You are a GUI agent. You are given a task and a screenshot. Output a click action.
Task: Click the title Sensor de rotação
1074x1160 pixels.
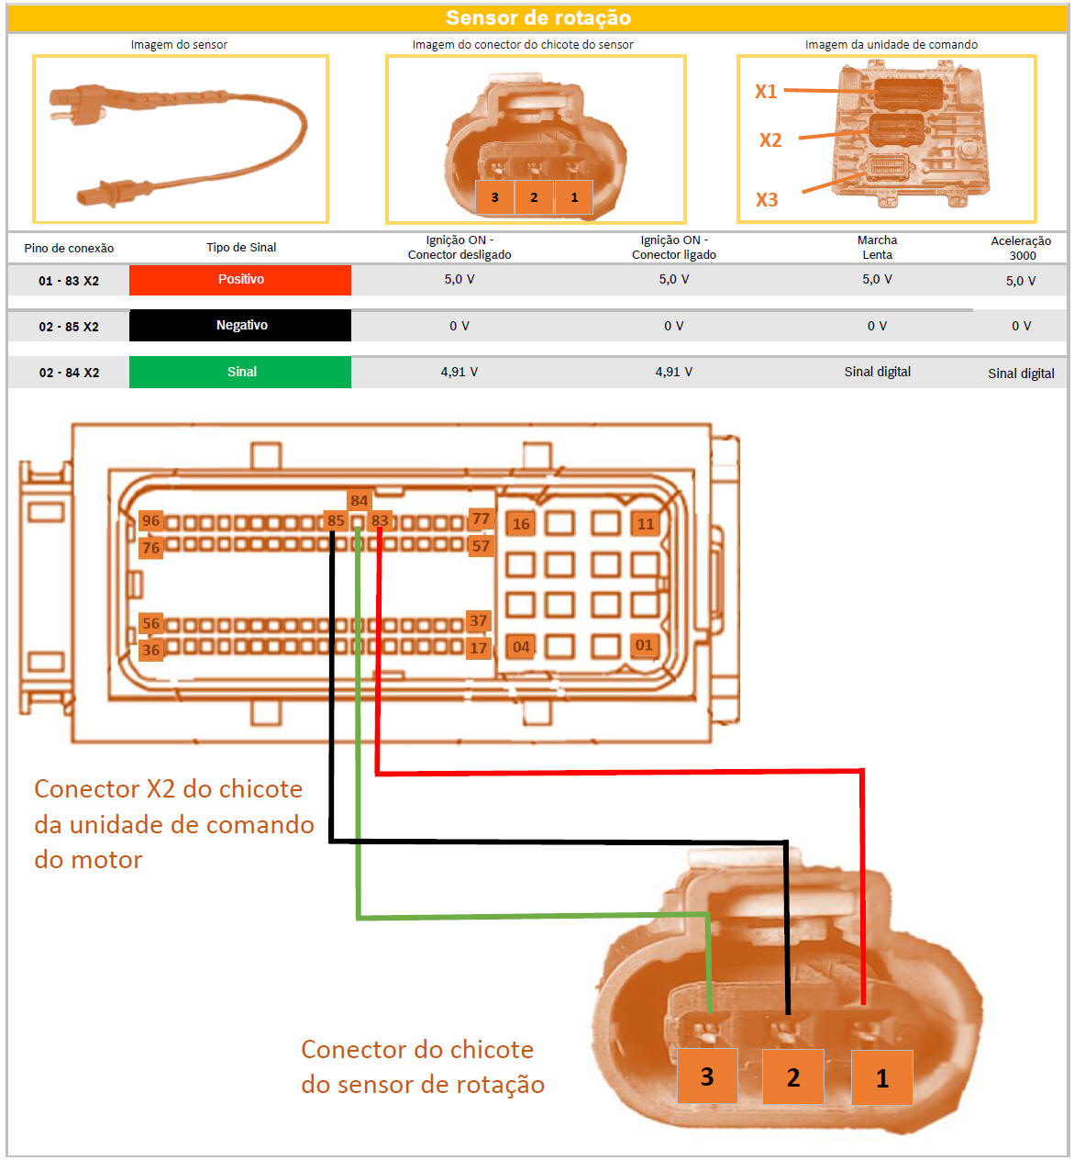coord(537,17)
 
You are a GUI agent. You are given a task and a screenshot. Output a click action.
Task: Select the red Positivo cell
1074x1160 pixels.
coord(240,280)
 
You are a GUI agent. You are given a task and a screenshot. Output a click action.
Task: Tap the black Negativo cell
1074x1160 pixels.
coord(240,326)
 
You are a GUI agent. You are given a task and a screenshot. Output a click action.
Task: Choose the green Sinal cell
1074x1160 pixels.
coord(240,372)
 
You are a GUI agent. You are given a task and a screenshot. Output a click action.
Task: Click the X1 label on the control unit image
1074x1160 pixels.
coord(766,91)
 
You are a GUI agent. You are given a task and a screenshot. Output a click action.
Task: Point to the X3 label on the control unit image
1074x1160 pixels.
coord(767,199)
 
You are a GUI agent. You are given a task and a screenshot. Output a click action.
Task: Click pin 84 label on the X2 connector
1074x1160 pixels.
coord(359,501)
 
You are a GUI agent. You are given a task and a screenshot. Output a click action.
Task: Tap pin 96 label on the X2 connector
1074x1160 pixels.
coord(150,520)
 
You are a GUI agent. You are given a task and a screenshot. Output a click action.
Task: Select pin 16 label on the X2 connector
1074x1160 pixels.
coord(521,524)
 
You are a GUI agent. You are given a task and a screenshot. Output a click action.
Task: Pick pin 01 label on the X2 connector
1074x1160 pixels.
coord(644,645)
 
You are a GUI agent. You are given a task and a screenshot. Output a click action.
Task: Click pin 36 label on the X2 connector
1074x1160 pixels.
coord(150,650)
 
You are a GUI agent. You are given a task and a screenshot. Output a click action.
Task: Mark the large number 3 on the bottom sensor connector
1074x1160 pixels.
coord(706,1076)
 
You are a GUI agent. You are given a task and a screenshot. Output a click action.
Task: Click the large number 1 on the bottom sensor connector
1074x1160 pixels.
coord(881,1078)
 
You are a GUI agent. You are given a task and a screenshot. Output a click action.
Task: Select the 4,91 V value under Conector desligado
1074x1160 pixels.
coord(459,372)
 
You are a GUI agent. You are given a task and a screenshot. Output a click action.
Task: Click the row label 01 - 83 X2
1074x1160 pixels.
coord(69,281)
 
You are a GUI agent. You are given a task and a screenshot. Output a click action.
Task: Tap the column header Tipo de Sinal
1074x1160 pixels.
coord(241,247)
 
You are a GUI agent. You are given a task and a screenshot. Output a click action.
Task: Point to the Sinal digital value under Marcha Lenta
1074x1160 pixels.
coord(877,372)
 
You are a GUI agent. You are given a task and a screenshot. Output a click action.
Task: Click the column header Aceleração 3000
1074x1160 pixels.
coord(1021,248)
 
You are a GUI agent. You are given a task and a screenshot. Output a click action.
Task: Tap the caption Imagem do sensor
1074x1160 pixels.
coord(179,44)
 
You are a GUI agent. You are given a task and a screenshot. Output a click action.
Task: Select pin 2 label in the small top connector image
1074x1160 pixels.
coord(534,197)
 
